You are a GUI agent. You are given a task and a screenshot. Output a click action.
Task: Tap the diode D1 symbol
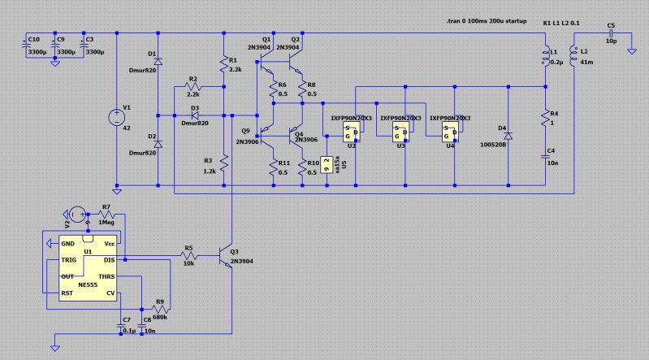157,59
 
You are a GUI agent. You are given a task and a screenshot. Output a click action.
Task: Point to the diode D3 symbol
194,115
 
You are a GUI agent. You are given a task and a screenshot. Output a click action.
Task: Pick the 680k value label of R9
160,316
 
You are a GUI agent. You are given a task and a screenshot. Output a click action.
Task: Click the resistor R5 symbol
188,255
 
